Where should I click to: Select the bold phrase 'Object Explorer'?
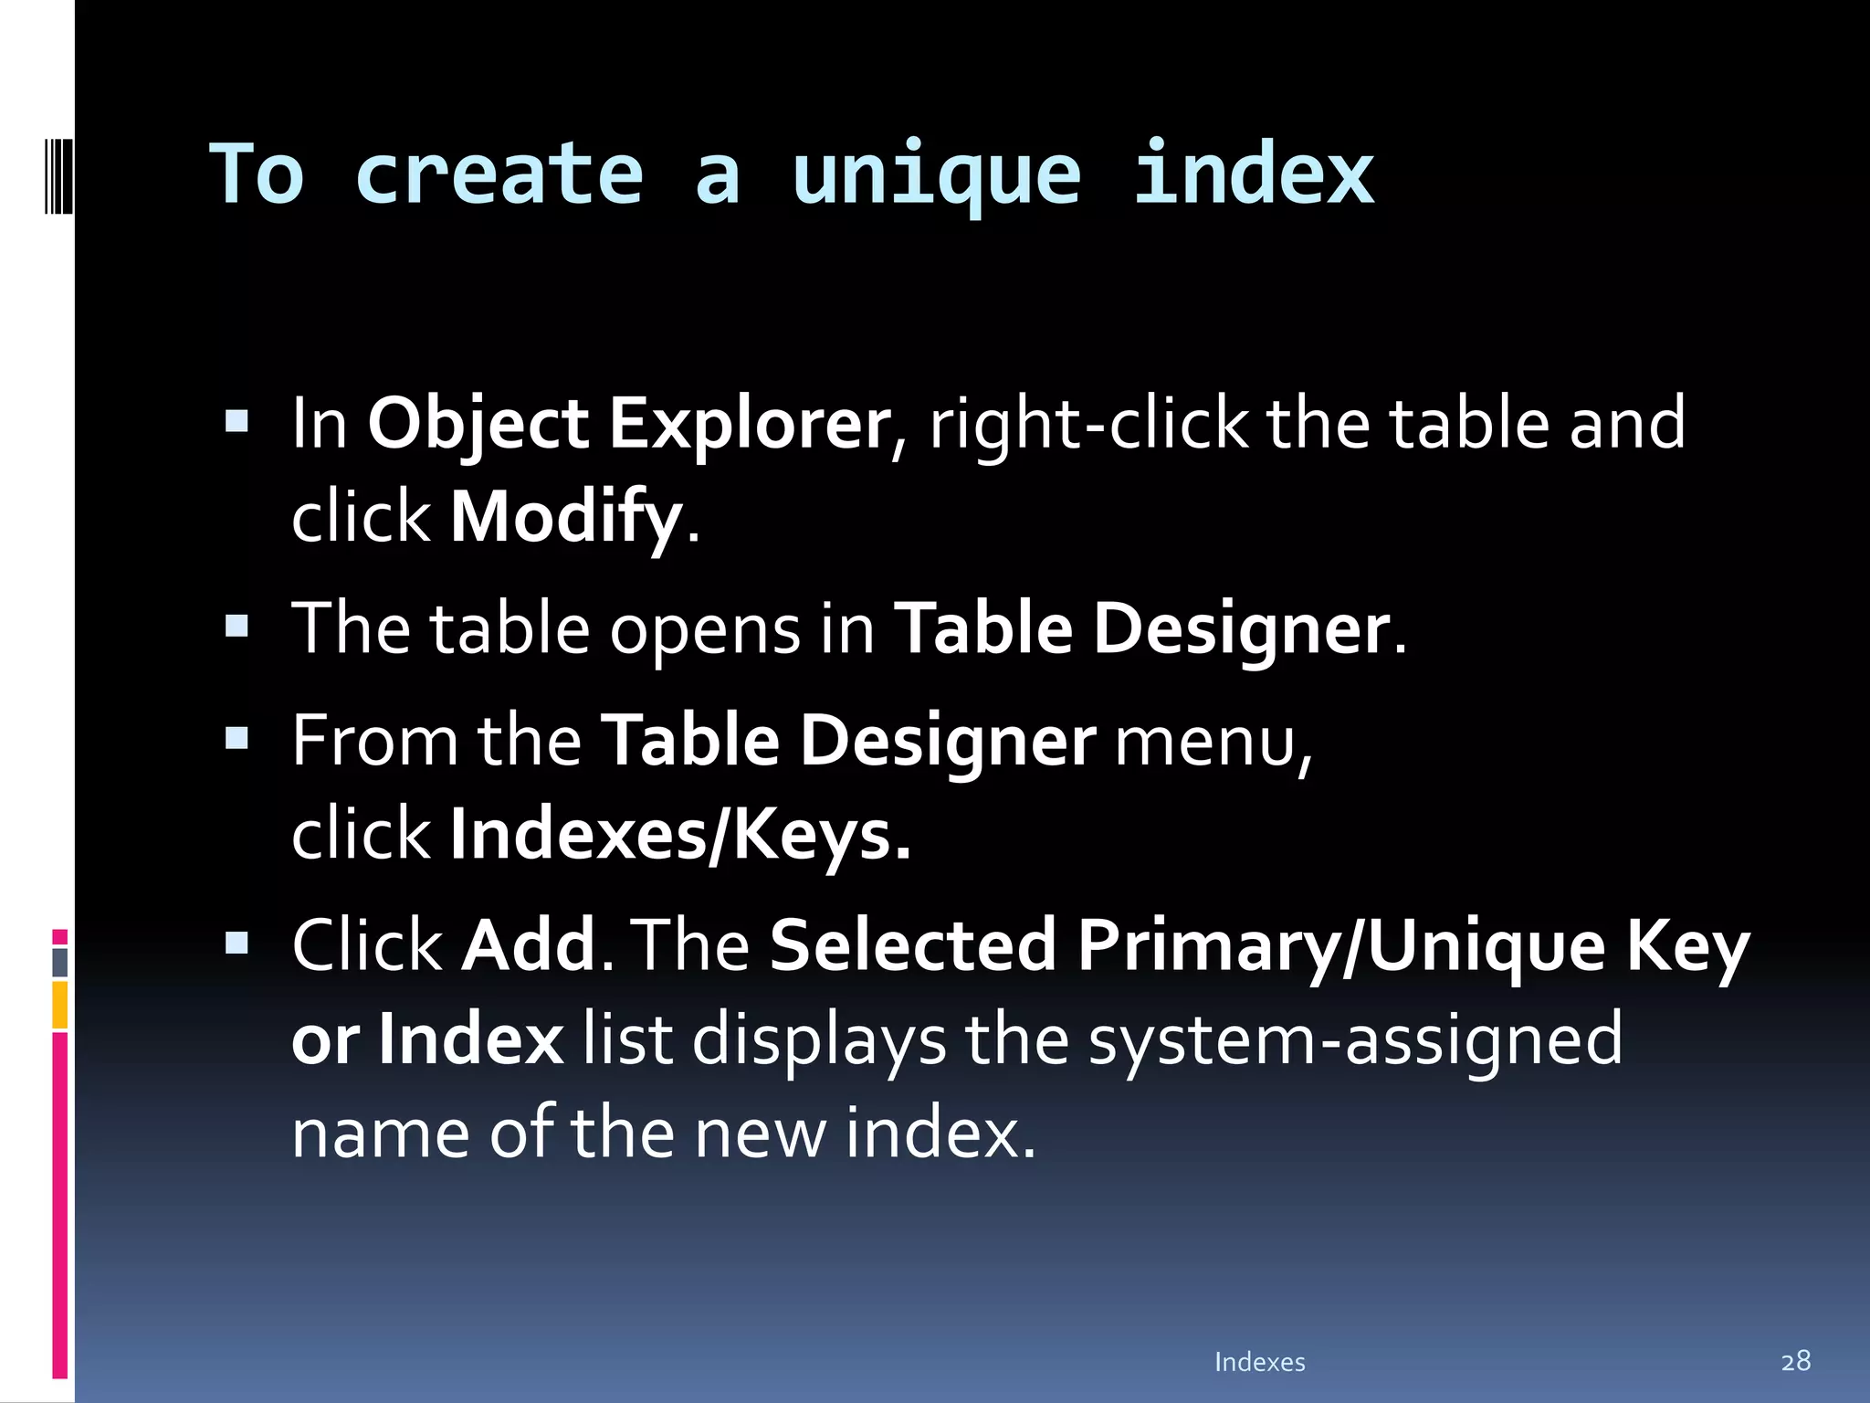[628, 424]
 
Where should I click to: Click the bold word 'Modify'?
[566, 517]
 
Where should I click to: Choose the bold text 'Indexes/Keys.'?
[680, 834]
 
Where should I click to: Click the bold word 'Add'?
[530, 944]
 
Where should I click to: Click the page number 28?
[1795, 1361]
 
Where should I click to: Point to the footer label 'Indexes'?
[1259, 1362]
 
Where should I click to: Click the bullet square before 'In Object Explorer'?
[236, 421]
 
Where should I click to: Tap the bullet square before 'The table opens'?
[236, 627]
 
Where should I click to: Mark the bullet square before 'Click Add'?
[236, 943]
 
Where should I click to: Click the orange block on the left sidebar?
[59, 1005]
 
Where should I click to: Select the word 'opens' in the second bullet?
[704, 630]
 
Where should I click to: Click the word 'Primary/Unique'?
[1340, 944]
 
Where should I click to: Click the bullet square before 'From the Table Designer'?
[236, 738]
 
